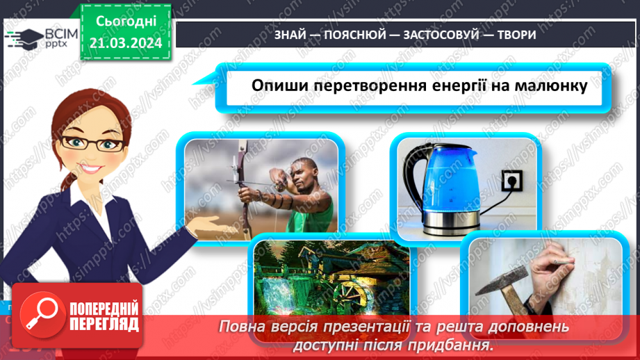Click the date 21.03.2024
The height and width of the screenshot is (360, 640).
[126, 43]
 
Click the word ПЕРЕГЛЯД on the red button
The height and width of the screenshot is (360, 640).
[104, 324]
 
